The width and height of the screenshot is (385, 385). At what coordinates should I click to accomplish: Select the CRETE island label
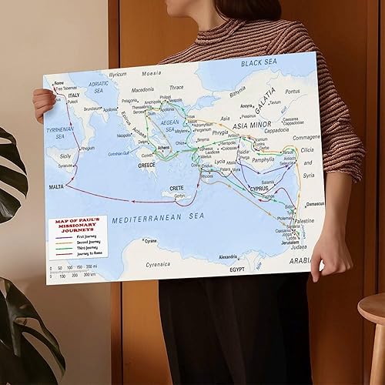pos(176,189)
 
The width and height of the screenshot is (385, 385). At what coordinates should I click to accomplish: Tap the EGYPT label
pos(237,270)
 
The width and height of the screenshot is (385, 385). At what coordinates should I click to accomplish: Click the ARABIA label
pos(300,260)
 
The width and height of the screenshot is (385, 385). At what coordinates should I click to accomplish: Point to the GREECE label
pos(146,165)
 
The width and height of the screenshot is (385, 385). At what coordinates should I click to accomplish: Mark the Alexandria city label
pos(229,256)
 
